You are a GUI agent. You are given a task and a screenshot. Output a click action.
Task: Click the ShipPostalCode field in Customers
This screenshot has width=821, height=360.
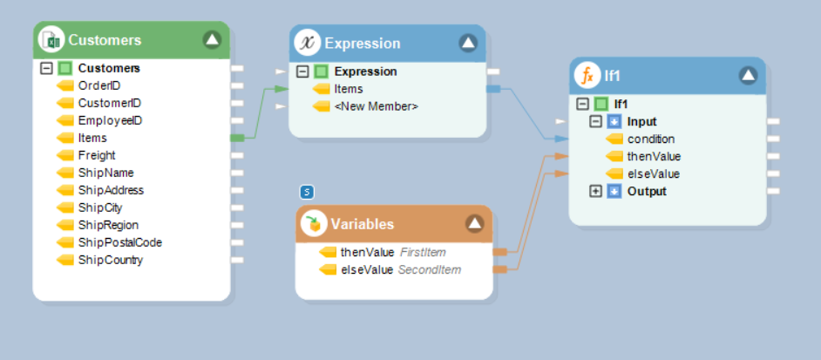coord(119,242)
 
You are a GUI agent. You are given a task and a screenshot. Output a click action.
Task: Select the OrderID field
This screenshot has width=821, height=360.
coord(98,85)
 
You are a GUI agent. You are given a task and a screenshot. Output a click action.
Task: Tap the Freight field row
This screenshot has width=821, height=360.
coord(96,155)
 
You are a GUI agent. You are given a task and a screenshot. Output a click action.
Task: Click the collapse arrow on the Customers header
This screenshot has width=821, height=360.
coord(213,39)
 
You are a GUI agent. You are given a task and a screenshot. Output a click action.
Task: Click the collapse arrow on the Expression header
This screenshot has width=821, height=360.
coord(468,43)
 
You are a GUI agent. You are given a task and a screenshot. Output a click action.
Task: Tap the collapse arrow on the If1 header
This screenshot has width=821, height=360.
coord(748,76)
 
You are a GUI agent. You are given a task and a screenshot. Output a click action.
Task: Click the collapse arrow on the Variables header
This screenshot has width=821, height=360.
coord(474,224)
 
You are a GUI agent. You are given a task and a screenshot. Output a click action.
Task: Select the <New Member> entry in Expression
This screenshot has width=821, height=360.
coord(376,106)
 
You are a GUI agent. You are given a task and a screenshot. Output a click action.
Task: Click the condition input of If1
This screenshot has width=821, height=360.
coord(650,139)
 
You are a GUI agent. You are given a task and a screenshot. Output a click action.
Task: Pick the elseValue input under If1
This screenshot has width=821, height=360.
coord(653,173)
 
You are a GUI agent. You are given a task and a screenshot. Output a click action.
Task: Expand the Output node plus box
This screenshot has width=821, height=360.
coord(596,191)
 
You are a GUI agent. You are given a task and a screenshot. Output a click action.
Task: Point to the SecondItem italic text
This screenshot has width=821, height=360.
coord(429,269)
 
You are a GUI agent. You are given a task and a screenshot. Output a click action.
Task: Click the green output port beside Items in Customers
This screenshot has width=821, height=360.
coord(236,138)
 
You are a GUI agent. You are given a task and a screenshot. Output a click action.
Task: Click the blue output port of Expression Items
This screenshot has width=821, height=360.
coord(493,89)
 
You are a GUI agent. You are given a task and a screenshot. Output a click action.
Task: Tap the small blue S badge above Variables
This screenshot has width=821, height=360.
coord(306,192)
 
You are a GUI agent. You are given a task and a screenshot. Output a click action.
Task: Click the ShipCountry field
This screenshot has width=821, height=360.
coord(110,260)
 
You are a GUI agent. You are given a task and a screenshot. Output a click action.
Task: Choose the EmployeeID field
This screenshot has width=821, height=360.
coord(109,120)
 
